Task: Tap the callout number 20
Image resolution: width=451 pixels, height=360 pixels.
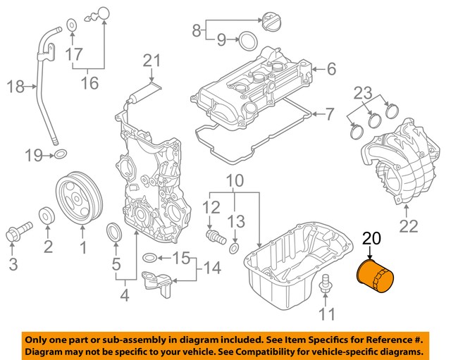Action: tap(371, 240)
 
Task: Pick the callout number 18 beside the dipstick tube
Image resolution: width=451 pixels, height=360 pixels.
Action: tap(16, 87)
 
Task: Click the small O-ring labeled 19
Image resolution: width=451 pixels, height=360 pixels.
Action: tap(61, 154)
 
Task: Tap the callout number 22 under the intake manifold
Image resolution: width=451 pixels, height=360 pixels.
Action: tap(409, 226)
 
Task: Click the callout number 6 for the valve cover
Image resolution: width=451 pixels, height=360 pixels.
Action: tap(331, 68)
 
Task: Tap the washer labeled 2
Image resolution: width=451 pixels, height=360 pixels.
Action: tap(47, 214)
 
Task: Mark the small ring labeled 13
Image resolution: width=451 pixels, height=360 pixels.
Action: tap(235, 247)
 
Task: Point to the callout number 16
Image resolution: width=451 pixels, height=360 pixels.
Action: tap(88, 84)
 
